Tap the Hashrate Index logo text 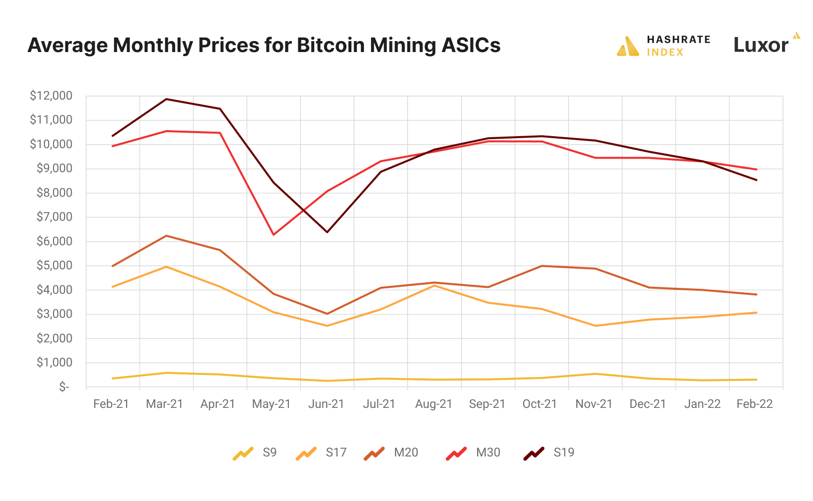678,46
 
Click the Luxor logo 761,45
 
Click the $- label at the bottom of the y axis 64,387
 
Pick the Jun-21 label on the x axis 326,404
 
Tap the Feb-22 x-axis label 754,404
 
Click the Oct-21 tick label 540,404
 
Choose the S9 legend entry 255,452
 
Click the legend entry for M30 474,452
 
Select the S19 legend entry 550,452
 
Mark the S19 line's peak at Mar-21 166,99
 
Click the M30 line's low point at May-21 273,235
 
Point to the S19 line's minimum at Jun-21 327,232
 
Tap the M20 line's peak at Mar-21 166,236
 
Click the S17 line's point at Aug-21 435,285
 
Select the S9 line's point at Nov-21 595,374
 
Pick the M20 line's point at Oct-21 542,266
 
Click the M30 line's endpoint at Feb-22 756,169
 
